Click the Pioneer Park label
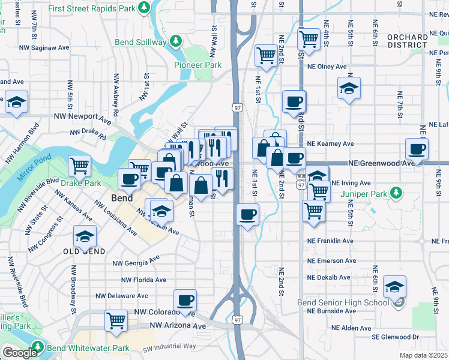coord(197,65)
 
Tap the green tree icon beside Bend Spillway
coord(175,41)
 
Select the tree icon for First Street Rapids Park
coord(143,7)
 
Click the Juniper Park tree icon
coord(396,193)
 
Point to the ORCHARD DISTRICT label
coord(408,41)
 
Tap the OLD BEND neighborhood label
coord(84,251)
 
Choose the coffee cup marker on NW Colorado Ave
coord(185,300)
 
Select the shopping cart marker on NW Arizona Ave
coord(116,319)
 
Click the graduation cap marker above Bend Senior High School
coord(394,286)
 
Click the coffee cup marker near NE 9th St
coord(417,149)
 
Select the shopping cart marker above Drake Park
coord(79,164)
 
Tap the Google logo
coord(19,353)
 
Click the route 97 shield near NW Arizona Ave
coord(238,322)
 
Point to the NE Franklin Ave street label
coord(330,241)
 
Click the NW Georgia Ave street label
coord(136,260)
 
